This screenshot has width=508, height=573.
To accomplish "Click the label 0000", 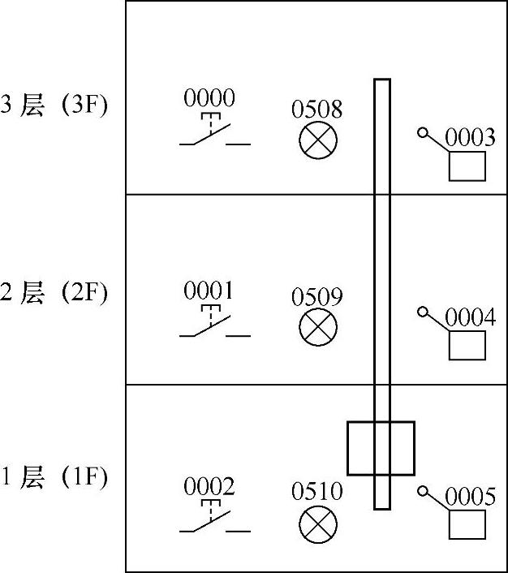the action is [x=209, y=99].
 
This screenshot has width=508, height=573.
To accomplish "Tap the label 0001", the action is [x=209, y=290].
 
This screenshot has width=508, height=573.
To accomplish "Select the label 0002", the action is [x=209, y=487].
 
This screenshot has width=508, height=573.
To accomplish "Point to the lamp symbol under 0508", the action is [x=317, y=141].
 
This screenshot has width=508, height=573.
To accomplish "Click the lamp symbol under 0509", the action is [x=317, y=329].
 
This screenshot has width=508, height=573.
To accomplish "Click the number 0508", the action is [x=317, y=109].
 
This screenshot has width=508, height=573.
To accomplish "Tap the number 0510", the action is [x=317, y=491].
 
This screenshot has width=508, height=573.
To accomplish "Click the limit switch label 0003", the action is [x=470, y=137].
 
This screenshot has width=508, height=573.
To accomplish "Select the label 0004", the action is [x=470, y=317].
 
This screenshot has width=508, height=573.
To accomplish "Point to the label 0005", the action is [x=470, y=496].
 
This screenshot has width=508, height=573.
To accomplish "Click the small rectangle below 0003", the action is [x=467, y=166].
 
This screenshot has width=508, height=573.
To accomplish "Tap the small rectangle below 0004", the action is [x=467, y=345].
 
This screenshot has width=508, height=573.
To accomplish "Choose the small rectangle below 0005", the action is [x=467, y=524].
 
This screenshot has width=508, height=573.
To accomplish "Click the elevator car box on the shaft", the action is [x=381, y=448].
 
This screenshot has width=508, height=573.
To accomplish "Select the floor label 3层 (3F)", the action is [x=54, y=106].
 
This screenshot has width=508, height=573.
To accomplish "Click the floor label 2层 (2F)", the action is [x=54, y=292].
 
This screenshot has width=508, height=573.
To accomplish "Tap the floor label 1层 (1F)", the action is [x=54, y=477].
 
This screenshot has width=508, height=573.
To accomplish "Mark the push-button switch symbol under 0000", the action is [x=213, y=134].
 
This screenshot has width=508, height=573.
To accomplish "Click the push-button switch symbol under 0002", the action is [x=213, y=521].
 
